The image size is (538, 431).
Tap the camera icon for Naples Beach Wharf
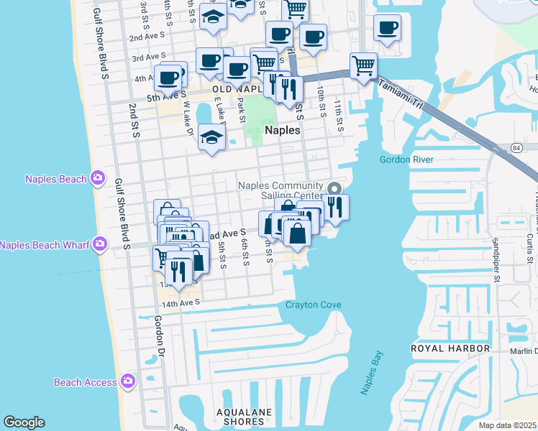click(x=99, y=245)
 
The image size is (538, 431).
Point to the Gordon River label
click(x=407, y=159)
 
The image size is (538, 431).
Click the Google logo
click(x=24, y=422)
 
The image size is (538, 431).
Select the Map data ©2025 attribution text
click(x=508, y=425)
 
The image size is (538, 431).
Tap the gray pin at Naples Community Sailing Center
click(x=334, y=188)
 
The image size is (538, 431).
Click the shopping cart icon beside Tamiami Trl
click(x=364, y=65)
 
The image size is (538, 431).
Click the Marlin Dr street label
click(x=523, y=351)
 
